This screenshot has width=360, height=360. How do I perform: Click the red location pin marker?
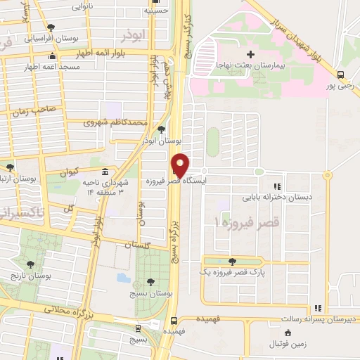[x=181, y=164]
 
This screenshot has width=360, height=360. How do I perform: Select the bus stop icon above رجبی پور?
[x=340, y=75]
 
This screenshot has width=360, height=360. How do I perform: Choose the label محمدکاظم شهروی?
[x=115, y=122]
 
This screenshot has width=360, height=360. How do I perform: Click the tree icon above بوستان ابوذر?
[x=162, y=130]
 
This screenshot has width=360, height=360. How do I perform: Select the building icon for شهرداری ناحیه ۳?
[x=105, y=172]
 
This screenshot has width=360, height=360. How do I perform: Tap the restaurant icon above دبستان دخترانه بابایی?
[x=278, y=186]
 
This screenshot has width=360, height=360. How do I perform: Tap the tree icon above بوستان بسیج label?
[x=150, y=282]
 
